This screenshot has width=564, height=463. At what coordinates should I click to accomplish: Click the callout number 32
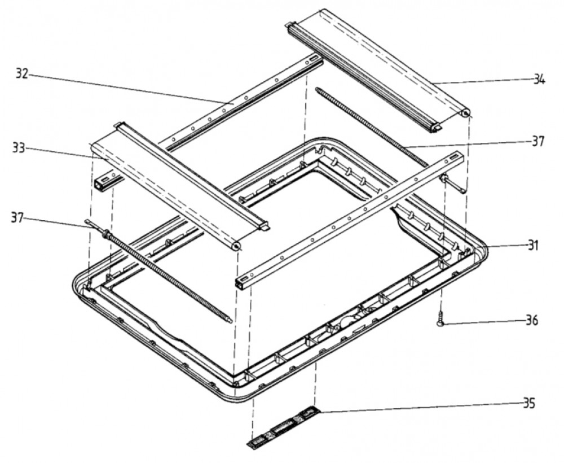[23, 74]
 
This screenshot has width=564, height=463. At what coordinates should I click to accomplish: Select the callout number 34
[539, 79]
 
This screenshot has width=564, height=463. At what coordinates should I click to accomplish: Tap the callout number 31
[533, 246]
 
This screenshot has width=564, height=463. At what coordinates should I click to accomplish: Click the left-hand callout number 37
[17, 218]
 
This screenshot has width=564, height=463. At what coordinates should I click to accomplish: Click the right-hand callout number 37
[538, 141]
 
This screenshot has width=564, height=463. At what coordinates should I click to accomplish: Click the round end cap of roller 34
[465, 114]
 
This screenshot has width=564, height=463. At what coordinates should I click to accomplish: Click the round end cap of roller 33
[236, 246]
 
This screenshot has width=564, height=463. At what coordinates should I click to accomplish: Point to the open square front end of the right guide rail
[241, 283]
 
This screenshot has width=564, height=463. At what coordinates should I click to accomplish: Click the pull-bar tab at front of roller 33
[265, 227]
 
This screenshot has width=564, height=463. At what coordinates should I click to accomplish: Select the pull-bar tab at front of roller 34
[437, 128]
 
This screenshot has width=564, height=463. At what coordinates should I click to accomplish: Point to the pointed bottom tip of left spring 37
[230, 321]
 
